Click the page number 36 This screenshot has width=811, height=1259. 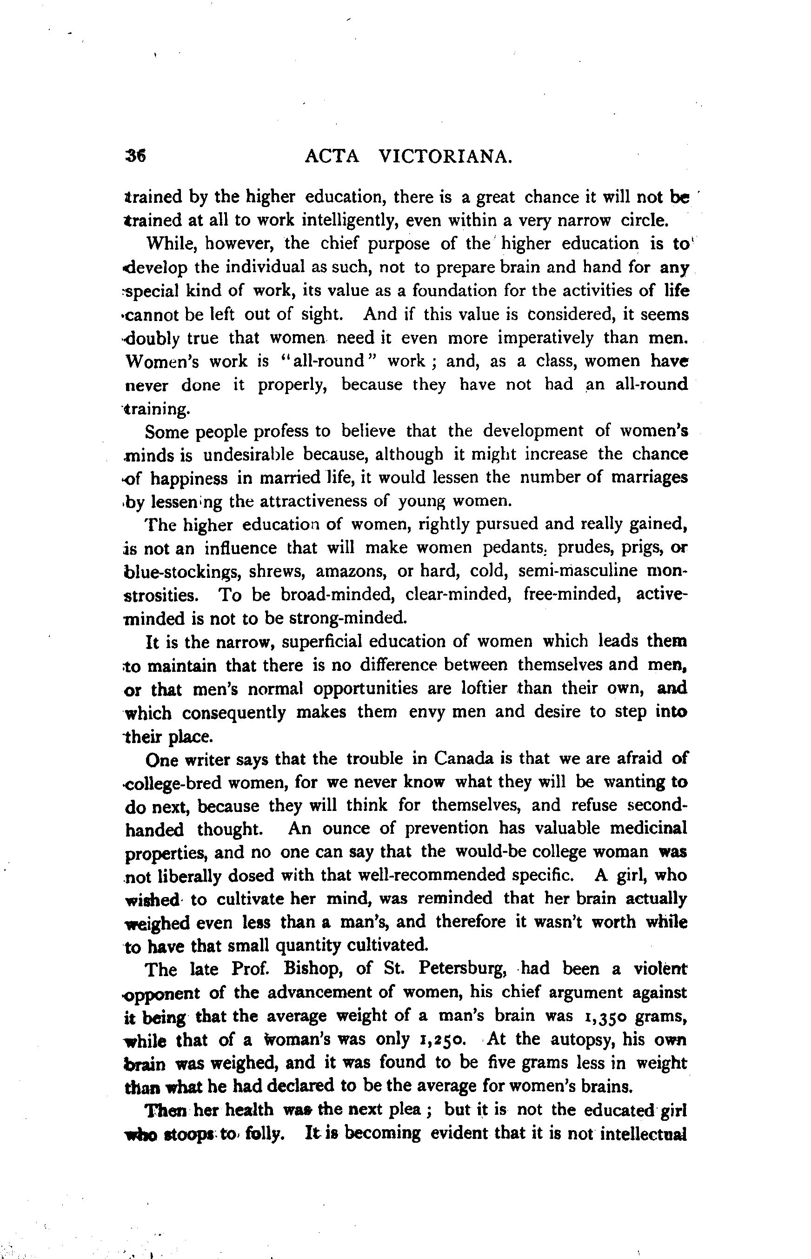click(136, 156)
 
